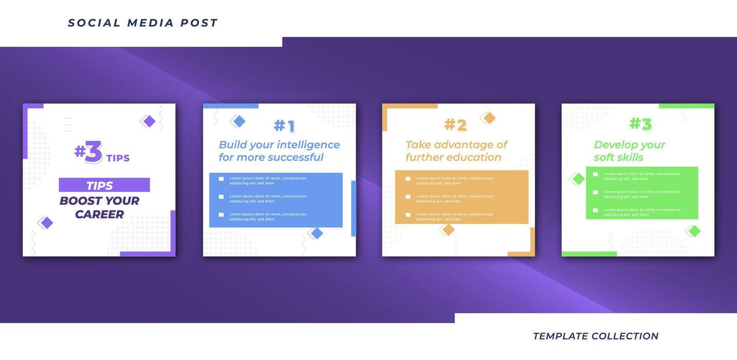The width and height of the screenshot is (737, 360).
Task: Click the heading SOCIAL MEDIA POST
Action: [143, 23]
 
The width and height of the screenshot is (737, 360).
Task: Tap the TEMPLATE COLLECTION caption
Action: [596, 336]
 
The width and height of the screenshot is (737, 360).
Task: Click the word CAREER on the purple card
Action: [99, 214]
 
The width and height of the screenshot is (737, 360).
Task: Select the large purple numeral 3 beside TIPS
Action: [94, 152]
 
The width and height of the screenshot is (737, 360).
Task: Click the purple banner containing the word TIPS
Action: [104, 185]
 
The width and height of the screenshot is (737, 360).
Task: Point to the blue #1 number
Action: [284, 126]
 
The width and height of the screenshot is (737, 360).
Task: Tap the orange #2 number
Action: [455, 125]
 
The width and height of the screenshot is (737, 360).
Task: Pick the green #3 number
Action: [640, 124]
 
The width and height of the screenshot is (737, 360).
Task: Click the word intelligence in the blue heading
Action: [308, 145]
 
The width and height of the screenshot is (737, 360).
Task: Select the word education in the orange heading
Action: [473, 157]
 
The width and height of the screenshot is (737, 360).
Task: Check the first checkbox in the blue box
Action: [222, 179]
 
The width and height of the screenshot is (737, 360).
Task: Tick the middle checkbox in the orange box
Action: [408, 197]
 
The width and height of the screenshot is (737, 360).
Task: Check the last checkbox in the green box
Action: [596, 210]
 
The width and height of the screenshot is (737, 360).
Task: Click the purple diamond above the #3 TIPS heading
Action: [149, 121]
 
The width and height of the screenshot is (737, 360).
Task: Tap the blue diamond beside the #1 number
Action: [239, 121]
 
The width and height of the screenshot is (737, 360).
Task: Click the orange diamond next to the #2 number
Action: [489, 118]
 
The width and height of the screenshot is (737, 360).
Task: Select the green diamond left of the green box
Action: [579, 179]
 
